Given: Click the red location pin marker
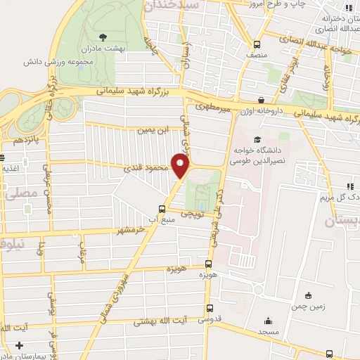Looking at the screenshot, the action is [x=181, y=167].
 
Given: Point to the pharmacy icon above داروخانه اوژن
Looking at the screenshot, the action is [x=262, y=101].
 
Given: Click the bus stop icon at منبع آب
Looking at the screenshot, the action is [x=162, y=208].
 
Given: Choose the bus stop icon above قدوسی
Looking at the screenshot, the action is [x=210, y=308].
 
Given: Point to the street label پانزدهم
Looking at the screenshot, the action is [x=20, y=140].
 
